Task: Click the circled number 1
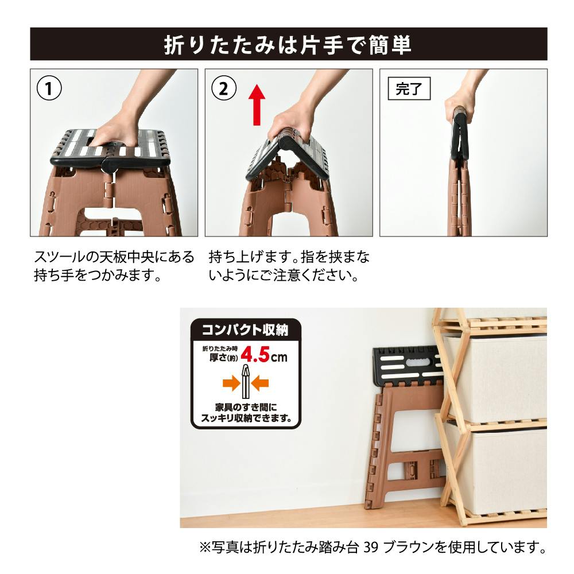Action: [49, 88]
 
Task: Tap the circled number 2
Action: [224, 88]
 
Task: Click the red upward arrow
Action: [257, 104]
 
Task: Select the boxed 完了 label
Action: [409, 88]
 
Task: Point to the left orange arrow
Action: [231, 383]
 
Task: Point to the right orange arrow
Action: [260, 383]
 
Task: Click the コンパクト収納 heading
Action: [245, 330]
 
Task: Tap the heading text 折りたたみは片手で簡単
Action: [288, 45]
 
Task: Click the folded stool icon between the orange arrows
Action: [246, 382]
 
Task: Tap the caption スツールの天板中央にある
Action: [114, 257]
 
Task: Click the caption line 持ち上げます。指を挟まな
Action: [289, 257]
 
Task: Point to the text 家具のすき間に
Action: [246, 407]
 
